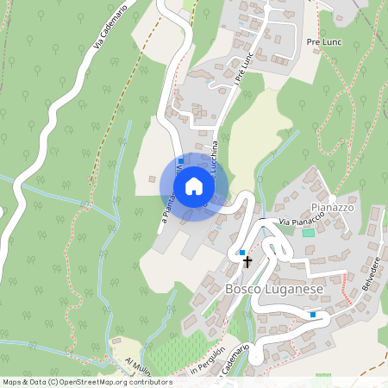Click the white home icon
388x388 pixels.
tap(194, 186)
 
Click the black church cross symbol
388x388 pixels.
tap(247, 261)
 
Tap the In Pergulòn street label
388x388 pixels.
tap(207, 362)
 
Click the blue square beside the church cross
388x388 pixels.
tap(242, 252)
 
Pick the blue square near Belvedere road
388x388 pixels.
tap(313, 315)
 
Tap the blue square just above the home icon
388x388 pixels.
tap(180, 160)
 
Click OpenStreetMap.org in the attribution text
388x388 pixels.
tap(95, 382)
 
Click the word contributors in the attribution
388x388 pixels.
tap(148, 382)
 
